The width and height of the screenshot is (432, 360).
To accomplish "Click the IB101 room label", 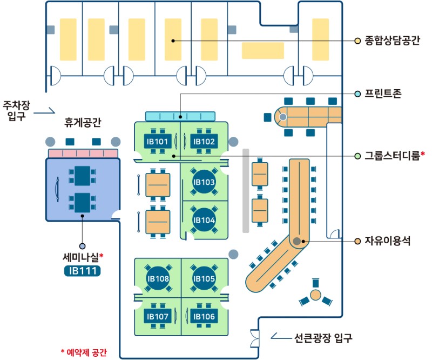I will pos(158,142).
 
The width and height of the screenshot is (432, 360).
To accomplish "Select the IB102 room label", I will pos(204,142).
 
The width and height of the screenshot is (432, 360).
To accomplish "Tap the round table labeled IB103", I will pos(204,182).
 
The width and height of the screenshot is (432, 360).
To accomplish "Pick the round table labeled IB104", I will pos(204,220).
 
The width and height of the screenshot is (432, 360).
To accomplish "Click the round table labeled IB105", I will pos(204,278).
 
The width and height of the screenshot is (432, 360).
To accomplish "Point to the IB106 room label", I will pos(204,316).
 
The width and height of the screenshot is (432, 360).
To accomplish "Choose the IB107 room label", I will pos(158,316).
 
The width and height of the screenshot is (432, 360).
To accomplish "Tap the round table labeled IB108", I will pos(158,278).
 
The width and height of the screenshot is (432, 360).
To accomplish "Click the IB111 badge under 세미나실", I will pos(82,270).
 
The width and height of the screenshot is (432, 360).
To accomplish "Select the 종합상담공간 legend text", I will pos(393,41).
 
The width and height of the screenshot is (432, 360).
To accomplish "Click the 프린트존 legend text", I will pos(383,94).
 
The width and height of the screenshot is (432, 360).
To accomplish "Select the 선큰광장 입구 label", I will pos(324,339).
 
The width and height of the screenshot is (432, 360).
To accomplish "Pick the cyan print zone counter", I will pos(180,116).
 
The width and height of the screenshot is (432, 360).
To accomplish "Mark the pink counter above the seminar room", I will pos(83,154).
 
